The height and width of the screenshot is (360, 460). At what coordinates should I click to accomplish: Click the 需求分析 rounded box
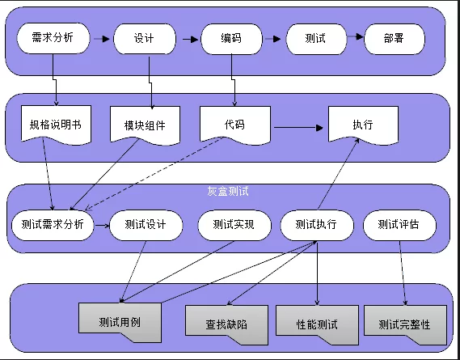tap(53, 38)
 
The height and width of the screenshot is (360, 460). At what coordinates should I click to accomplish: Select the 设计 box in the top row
tap(145, 39)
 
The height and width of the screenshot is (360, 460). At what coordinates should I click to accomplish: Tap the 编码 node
tap(231, 39)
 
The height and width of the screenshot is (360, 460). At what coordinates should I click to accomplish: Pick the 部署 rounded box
tap(395, 39)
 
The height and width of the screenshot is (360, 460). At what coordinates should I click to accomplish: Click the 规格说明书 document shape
tap(56, 125)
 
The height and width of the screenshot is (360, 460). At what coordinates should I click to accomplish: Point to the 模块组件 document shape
tap(145, 125)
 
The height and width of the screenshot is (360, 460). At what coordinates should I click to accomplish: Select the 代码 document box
tap(235, 125)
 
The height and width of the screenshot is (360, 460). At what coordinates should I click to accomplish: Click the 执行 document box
tap(363, 125)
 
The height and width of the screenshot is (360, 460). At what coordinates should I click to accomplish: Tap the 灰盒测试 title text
tap(228, 191)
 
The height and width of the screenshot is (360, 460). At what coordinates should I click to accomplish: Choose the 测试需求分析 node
tap(53, 225)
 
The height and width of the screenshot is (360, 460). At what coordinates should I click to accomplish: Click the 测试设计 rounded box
tap(146, 225)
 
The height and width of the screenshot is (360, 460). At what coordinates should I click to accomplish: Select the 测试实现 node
tap(234, 225)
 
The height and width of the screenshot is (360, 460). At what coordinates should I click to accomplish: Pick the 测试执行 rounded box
tap(317, 225)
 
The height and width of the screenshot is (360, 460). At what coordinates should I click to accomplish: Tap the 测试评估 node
tap(399, 225)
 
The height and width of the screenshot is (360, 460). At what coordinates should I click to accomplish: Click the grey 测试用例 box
tap(120, 322)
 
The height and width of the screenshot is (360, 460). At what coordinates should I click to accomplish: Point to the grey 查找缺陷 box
tap(226, 324)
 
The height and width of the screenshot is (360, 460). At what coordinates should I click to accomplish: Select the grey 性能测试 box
tap(317, 324)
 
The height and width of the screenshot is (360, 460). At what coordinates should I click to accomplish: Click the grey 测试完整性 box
tap(405, 324)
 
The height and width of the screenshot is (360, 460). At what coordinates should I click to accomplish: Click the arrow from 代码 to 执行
tap(298, 128)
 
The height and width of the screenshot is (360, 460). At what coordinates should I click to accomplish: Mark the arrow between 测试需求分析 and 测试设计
tap(102, 226)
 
